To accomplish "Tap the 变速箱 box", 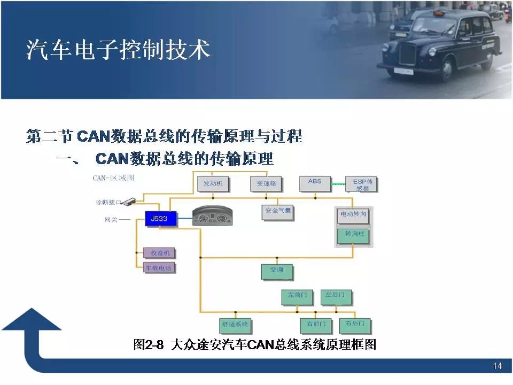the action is point(266,183).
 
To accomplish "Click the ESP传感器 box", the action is point(361,184).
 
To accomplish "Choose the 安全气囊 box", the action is point(278,212).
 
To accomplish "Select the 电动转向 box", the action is point(353,214).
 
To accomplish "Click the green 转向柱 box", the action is point(353,235).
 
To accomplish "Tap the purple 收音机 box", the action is point(160,253).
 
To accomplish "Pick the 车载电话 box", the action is point(160,268).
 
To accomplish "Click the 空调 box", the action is point(277,271).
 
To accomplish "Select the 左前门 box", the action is point(297,296).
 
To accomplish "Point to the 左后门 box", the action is point(336,296).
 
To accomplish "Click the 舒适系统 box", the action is point(235,325).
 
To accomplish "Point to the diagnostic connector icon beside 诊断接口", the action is point(129,202).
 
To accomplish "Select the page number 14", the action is point(498,366).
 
